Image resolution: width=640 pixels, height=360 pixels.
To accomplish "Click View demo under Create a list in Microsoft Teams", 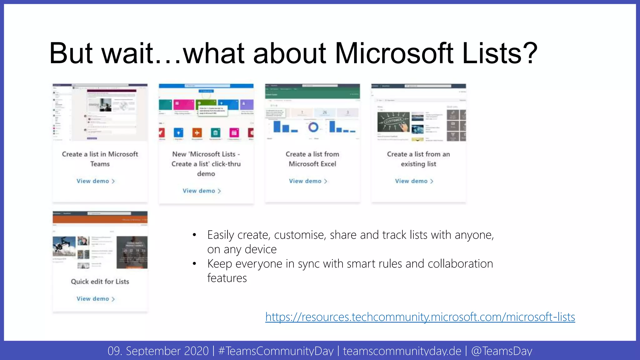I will tap(96, 181).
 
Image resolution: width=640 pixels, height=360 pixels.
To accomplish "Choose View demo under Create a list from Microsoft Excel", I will tap(308, 181).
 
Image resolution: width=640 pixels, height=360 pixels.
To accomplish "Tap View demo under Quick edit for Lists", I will tap(96, 299).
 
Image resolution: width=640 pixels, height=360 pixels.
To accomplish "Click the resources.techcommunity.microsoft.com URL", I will tap(420, 317).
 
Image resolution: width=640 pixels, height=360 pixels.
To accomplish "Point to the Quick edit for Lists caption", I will tap(100, 282).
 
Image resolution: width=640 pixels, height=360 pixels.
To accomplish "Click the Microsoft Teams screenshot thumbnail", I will tap(100, 112).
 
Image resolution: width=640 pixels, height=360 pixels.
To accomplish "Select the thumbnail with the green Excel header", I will tap(312, 112).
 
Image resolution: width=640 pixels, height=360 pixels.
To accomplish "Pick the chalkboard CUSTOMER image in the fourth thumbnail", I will tap(393, 122).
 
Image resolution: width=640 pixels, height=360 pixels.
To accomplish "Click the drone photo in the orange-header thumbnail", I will tap(64, 246).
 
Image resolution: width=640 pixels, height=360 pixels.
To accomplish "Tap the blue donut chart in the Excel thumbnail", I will tap(313, 127).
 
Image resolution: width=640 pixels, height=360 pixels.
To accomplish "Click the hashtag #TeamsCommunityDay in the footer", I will tap(276, 351).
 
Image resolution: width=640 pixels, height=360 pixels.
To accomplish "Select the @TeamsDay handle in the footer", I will tap(502, 351).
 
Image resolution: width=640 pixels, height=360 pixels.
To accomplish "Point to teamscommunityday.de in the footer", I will tap(402, 351).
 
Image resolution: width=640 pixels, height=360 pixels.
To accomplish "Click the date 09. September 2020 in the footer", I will tap(158, 351).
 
